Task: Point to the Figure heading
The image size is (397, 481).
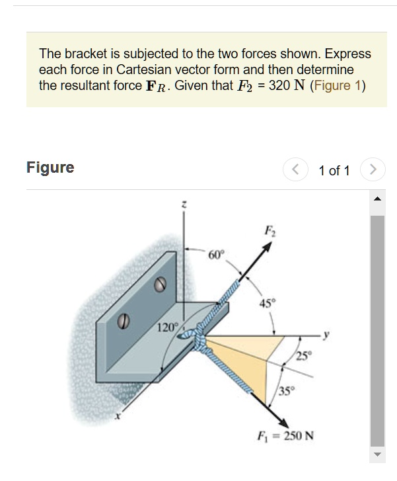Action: tap(50, 167)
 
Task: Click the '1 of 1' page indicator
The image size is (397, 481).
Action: tap(334, 171)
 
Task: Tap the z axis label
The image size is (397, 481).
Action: tap(184, 206)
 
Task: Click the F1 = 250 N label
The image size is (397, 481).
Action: tap(285, 437)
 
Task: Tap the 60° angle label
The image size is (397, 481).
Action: tap(217, 255)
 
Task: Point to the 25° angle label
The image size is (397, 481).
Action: tap(303, 358)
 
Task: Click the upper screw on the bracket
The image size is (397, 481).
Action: tap(159, 284)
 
